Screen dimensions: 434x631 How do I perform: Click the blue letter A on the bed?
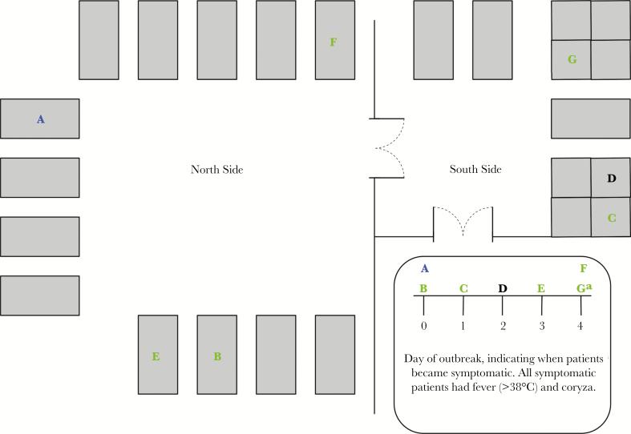(40, 119)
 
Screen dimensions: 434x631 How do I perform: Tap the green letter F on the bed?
(334, 42)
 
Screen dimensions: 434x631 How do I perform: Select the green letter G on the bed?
(572, 59)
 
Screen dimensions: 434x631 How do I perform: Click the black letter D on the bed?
(611, 178)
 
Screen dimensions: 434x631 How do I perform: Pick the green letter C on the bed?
(611, 217)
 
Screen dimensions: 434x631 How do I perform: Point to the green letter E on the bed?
(156, 356)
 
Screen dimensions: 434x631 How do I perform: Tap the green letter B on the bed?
(216, 356)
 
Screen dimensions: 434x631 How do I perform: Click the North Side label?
(216, 170)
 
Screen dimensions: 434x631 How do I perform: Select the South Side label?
(475, 170)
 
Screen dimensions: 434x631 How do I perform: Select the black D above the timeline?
(503, 287)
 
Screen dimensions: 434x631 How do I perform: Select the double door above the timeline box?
(463, 223)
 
